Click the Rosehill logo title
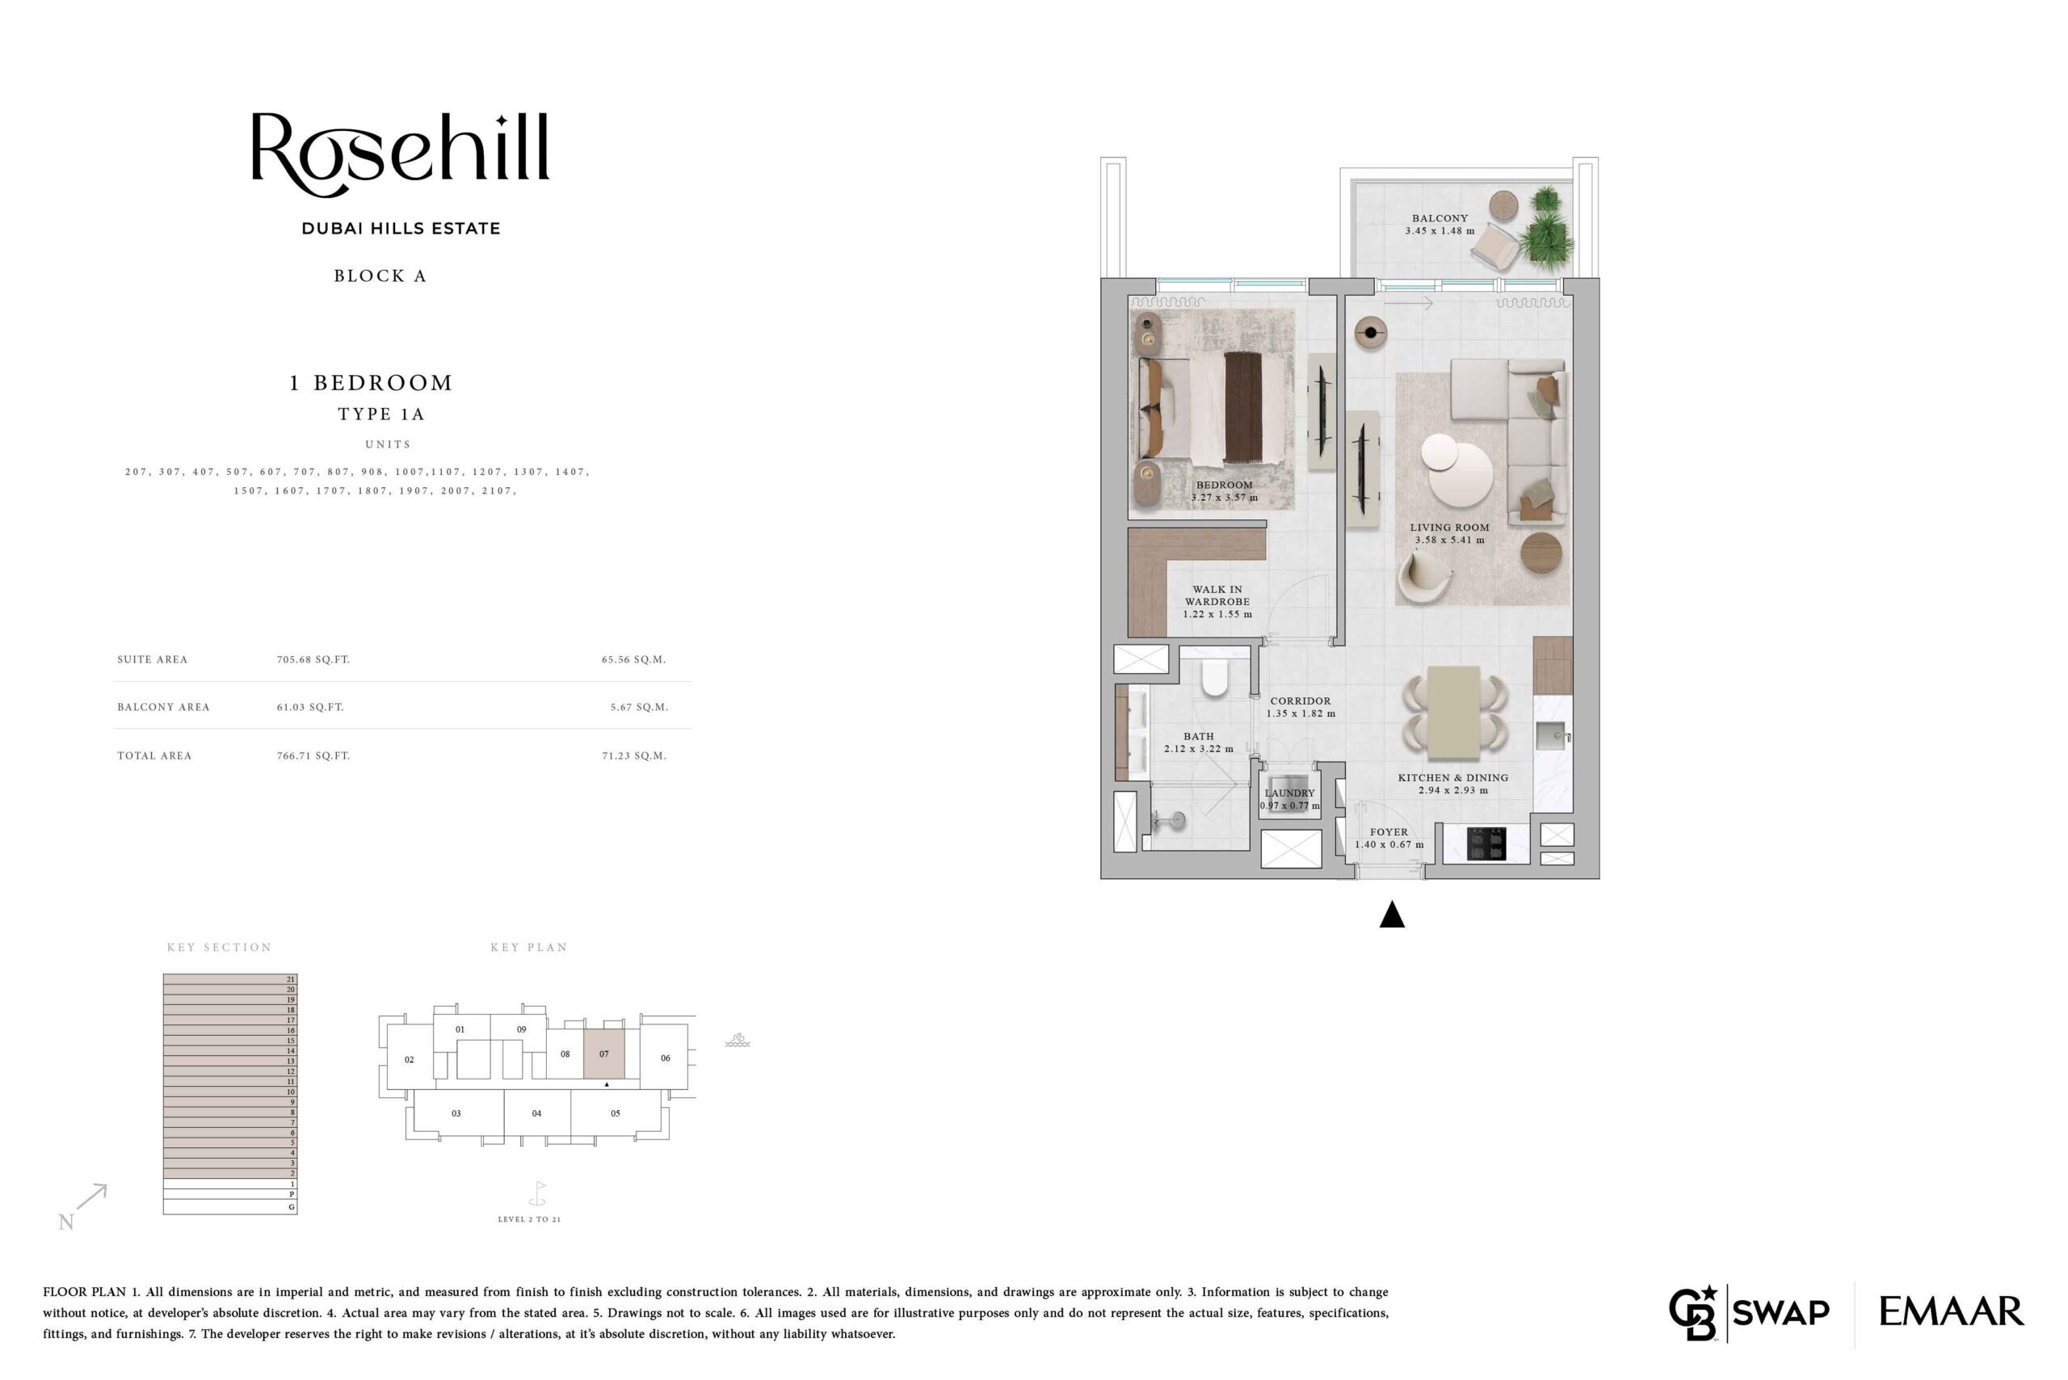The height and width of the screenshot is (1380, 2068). tap(401, 154)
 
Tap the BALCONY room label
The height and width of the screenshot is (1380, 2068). tap(1440, 218)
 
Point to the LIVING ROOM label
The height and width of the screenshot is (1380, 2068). tap(1449, 527)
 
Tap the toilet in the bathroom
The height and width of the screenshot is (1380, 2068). tap(1214, 678)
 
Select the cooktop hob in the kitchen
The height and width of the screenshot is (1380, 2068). tap(1486, 844)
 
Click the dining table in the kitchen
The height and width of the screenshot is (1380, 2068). tap(1454, 713)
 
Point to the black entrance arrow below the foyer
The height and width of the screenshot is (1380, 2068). tap(1391, 915)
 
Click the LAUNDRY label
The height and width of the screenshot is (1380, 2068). tap(1289, 793)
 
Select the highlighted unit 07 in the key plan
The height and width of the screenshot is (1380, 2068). tap(603, 1054)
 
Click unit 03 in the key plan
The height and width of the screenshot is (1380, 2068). tap(456, 1113)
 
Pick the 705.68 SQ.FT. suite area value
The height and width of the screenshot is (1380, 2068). tap(313, 659)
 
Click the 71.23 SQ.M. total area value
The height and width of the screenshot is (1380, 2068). tap(633, 755)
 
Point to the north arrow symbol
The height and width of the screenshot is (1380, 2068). tap(91, 1197)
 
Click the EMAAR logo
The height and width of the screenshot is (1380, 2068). tap(1951, 1311)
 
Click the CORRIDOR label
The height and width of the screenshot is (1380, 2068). tap(1300, 701)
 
